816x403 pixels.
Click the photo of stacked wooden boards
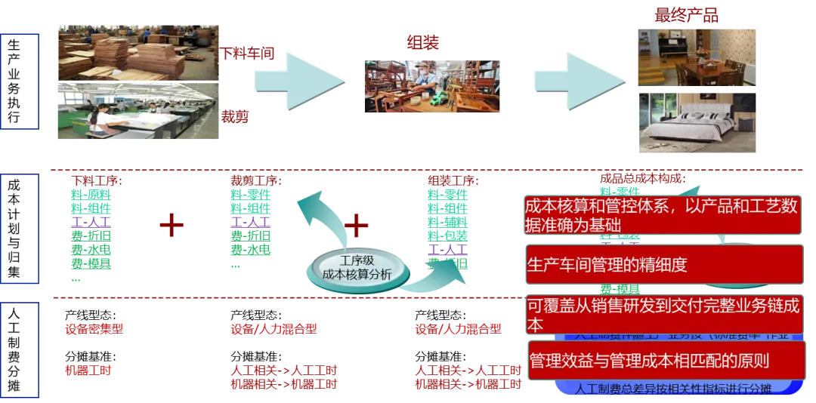pos(138,52)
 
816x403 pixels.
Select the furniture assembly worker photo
pos(431,87)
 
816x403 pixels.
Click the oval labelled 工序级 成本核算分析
pos(357,268)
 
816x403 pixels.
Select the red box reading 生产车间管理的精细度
pos(663,265)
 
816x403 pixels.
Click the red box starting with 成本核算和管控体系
pos(663,215)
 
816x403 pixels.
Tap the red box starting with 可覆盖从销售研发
pos(663,315)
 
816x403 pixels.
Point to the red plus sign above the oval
pos(356,224)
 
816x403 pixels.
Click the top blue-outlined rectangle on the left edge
pos(20,82)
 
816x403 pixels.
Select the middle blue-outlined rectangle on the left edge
pos(20,229)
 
